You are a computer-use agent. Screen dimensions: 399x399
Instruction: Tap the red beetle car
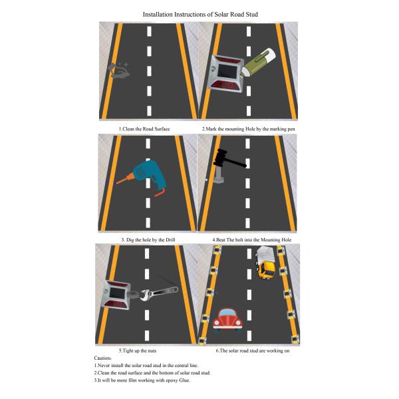pos(227,320)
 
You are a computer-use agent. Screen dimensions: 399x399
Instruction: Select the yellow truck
pos(265,263)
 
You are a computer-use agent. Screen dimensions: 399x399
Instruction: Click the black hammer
pos(227,159)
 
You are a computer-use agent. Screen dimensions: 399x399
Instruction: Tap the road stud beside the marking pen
pos(225,74)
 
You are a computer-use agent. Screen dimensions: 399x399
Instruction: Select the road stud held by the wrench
pos(116,294)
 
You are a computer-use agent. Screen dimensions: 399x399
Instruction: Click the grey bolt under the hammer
pos(219,175)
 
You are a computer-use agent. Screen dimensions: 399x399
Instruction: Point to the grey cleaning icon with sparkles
pos(119,70)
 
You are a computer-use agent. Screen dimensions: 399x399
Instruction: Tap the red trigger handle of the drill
pos(160,193)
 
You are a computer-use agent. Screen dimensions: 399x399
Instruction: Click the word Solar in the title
pos(221,14)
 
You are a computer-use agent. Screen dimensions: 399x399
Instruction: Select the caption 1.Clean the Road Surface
pos(144,129)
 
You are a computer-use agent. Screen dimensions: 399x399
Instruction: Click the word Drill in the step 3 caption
pos(170,239)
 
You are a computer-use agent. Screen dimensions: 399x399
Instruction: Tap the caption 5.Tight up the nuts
pos(138,350)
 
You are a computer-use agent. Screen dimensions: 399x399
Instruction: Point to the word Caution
pos(102,358)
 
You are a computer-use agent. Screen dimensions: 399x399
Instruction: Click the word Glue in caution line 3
pos(184,380)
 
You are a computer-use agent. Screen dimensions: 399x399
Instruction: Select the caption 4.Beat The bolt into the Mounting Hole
pos(252,239)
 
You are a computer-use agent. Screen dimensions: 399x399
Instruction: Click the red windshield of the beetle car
pos(227,313)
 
